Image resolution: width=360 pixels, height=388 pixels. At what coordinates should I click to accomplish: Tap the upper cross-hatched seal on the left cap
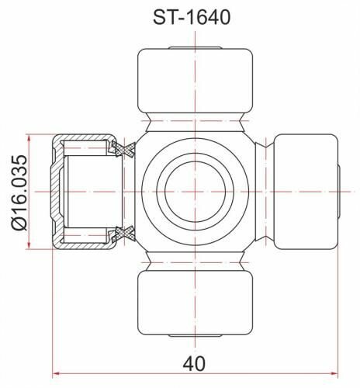coord(122,147)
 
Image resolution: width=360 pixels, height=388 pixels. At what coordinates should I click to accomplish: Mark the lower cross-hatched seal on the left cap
coord(122,233)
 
